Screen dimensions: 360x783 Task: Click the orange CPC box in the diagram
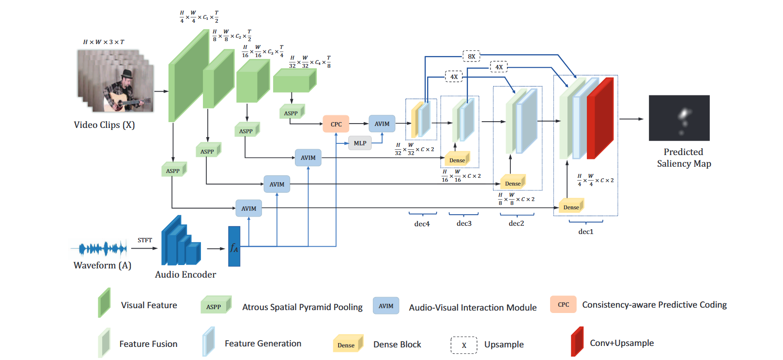pyautogui.click(x=336, y=124)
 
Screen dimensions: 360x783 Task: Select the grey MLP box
pyautogui.click(x=360, y=143)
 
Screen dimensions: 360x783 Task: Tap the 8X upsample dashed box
pyautogui.click(x=471, y=56)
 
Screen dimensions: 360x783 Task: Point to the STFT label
pyautogui.click(x=144, y=240)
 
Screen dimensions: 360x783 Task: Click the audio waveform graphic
pyautogui.click(x=102, y=249)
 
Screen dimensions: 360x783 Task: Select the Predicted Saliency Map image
pyautogui.click(x=679, y=118)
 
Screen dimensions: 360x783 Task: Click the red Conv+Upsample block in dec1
pyautogui.click(x=599, y=119)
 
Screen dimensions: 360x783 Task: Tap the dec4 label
pyautogui.click(x=422, y=224)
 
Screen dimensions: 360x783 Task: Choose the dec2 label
pyautogui.click(x=516, y=223)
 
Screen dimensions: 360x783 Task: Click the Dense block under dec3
pyautogui.click(x=457, y=160)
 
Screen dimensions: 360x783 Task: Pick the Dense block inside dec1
pyautogui.click(x=571, y=207)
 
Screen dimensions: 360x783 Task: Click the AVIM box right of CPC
pyautogui.click(x=382, y=124)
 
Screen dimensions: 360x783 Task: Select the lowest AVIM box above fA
pyautogui.click(x=248, y=208)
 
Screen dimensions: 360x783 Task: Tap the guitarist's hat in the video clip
pyautogui.click(x=127, y=74)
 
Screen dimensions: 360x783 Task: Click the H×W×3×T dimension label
pyautogui.click(x=104, y=42)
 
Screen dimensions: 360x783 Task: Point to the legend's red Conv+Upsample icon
pyautogui.click(x=577, y=342)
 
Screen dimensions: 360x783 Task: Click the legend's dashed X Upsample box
pyautogui.click(x=464, y=345)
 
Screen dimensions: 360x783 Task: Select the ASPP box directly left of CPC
pyautogui.click(x=291, y=113)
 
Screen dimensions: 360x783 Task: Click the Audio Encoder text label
pyautogui.click(x=185, y=274)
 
